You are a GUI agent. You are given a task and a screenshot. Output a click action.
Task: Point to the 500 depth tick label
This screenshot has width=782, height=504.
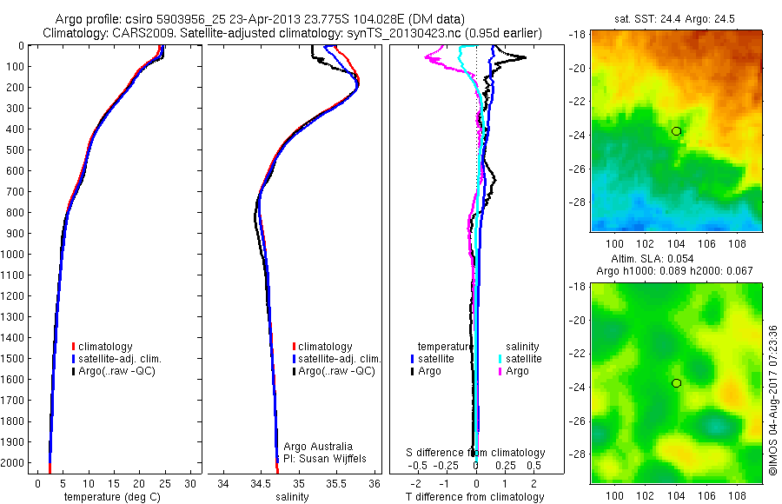point(14,149)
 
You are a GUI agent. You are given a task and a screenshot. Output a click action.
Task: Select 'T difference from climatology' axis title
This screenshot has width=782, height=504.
point(476,497)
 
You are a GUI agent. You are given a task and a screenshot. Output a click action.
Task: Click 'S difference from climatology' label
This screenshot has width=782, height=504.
point(476,453)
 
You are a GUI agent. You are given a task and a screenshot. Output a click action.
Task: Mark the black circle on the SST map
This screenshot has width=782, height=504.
point(676,131)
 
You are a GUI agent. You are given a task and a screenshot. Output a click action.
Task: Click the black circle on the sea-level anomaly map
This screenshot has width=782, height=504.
point(676,383)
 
